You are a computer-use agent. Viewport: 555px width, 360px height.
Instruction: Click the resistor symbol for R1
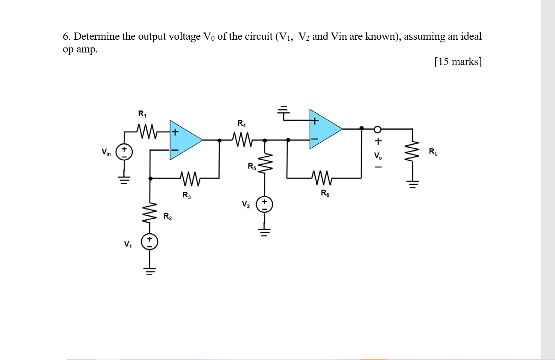(x=145, y=128)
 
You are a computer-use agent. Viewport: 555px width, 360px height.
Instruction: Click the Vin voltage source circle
(x=125, y=152)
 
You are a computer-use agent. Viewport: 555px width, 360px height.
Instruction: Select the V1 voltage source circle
(x=150, y=242)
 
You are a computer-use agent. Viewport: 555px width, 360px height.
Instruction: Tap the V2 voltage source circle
(x=265, y=205)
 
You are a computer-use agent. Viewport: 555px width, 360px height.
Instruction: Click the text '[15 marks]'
(x=457, y=62)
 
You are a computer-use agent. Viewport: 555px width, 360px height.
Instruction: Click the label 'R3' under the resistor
(x=187, y=196)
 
